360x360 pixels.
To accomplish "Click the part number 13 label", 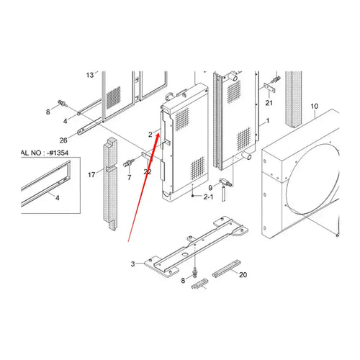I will coord(90,75).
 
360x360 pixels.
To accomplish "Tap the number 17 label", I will coord(91,174).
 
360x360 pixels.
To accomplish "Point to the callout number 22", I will coord(147,171).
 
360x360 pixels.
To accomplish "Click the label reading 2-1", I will coord(210,196).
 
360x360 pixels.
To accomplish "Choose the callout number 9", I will coord(211,187).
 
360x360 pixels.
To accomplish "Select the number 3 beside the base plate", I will coord(132,264).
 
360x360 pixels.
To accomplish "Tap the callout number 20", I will coord(243,275).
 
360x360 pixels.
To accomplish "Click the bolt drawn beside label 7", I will coord(131,160).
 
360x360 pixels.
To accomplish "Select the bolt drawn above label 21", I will coord(274,78).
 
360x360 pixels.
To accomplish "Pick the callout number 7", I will coord(130,176).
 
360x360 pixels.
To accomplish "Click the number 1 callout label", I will coord(268,120).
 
